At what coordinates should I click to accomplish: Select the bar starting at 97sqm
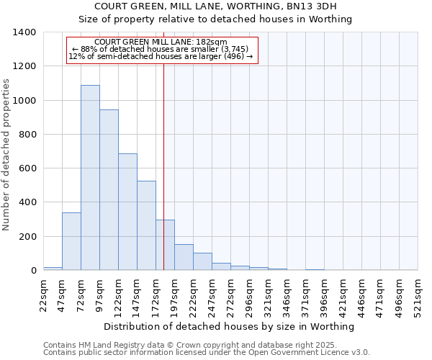(109, 190)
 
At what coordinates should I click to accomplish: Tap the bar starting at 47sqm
(71, 241)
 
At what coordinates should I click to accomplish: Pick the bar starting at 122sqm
(127, 212)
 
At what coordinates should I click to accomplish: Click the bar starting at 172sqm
(165, 245)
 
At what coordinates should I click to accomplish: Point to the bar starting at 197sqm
(184, 258)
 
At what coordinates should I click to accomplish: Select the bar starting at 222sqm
(202, 262)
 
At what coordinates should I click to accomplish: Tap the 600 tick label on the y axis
(27, 168)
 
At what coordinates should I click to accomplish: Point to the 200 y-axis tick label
(27, 237)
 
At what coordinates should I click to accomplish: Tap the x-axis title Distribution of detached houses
(230, 327)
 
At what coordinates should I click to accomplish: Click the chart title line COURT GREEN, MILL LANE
(230, 6)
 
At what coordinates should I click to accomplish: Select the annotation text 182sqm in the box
(161, 42)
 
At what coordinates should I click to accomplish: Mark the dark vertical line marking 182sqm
(163, 144)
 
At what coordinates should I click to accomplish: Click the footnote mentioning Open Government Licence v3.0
(207, 353)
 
